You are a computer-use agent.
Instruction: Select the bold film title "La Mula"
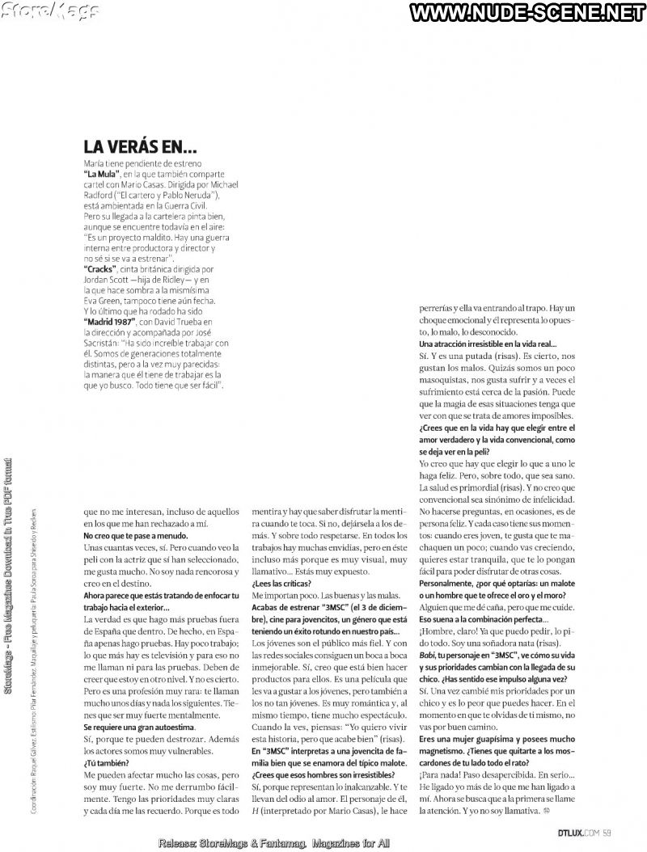102,174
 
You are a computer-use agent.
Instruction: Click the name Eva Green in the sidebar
108,300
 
